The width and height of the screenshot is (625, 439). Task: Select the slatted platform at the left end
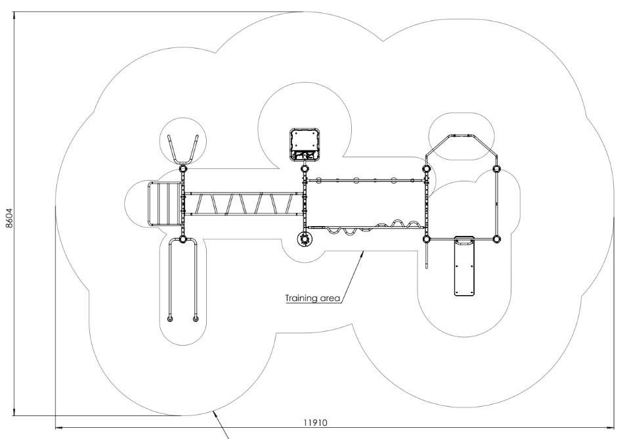pos(164,203)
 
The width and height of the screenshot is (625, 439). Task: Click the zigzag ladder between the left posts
pos(243,204)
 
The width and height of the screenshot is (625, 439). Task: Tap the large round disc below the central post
pos(305,239)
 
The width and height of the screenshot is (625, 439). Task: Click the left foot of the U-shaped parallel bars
pos(170,319)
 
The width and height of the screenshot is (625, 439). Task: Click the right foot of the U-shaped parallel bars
pos(196,319)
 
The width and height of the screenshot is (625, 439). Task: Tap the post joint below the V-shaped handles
pos(183,169)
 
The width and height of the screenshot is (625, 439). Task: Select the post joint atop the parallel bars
pos(183,239)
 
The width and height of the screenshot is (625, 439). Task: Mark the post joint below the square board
pos(305,170)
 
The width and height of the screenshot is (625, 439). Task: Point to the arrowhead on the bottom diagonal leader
pos(216,412)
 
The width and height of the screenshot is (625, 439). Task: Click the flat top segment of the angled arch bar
pos(462,135)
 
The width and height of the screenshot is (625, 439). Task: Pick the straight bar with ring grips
pos(368,180)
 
